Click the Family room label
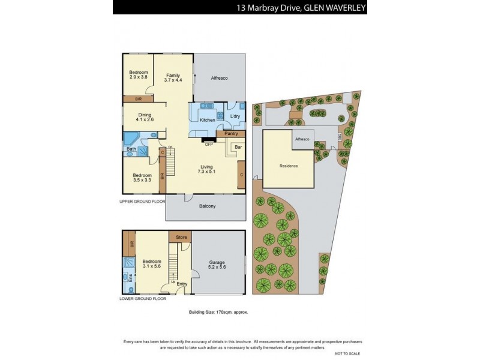point(173,78)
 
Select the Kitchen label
point(207,120)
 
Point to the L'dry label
point(235,116)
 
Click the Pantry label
point(232,134)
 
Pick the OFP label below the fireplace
point(209,144)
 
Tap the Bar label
point(238,146)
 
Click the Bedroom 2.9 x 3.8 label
point(138,74)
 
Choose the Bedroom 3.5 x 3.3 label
point(142,177)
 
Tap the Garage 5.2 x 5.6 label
point(217,265)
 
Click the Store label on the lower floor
point(181,238)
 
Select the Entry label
point(182,284)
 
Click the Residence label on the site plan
point(289,166)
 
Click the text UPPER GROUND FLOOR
point(143,202)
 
